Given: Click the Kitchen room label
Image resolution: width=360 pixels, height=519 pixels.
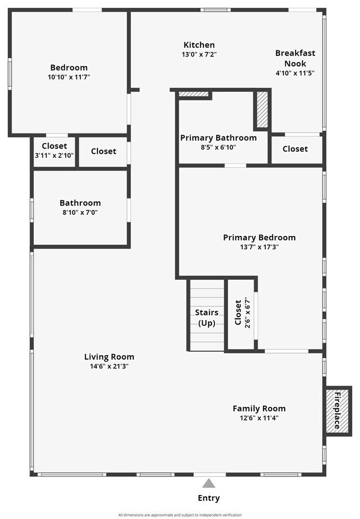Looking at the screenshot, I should click(x=199, y=45).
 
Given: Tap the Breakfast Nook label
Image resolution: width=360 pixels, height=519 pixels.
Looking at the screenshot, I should click(x=295, y=58).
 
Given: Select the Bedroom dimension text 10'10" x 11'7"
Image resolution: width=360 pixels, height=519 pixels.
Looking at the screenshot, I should click(x=69, y=77).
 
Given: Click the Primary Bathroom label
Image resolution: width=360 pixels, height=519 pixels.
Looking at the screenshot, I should click(x=218, y=138).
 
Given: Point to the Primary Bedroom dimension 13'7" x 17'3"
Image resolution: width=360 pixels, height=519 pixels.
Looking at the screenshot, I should click(x=259, y=247).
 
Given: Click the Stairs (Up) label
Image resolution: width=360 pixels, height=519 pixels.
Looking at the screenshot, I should click(x=207, y=318).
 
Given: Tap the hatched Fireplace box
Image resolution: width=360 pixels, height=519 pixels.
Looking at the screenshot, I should click(x=337, y=410).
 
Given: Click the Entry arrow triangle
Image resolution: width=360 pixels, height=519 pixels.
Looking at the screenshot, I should click(x=209, y=483).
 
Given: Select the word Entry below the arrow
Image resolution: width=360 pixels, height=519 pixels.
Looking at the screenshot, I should click(x=209, y=498).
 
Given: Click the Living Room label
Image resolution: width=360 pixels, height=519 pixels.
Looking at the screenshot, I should click(x=109, y=357).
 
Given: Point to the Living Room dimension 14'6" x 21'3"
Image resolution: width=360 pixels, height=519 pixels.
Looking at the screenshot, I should click(x=109, y=366).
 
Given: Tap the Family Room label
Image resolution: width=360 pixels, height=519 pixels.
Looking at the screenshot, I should click(x=259, y=409).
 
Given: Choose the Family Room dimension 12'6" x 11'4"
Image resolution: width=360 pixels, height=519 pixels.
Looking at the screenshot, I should click(x=259, y=418).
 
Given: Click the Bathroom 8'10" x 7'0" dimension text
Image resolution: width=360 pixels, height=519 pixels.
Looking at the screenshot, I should click(x=80, y=212).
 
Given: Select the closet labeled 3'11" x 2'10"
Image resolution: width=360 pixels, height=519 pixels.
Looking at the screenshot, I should click(x=54, y=151).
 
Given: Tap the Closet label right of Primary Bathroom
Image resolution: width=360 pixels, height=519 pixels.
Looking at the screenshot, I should click(x=295, y=149).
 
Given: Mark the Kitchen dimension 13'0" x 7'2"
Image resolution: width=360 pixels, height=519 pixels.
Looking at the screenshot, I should click(x=199, y=54).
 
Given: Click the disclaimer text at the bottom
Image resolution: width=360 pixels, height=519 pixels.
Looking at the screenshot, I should click(x=180, y=515).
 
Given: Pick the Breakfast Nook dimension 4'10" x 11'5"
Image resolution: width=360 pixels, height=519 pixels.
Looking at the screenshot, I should click(x=295, y=73).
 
